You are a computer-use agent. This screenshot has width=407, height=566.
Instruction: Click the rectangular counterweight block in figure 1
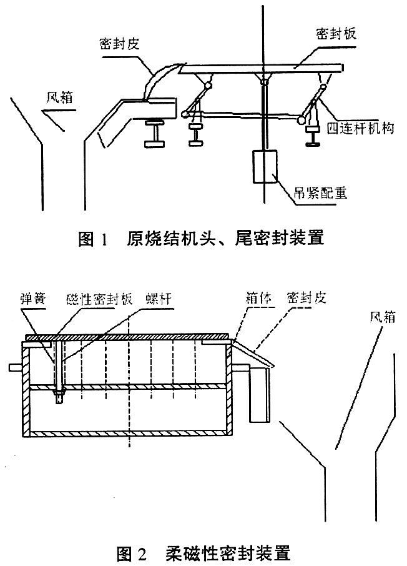click(x=265, y=167)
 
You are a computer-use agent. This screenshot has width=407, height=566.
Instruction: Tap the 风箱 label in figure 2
click(x=381, y=317)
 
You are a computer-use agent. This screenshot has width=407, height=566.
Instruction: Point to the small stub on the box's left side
click(x=14, y=367)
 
